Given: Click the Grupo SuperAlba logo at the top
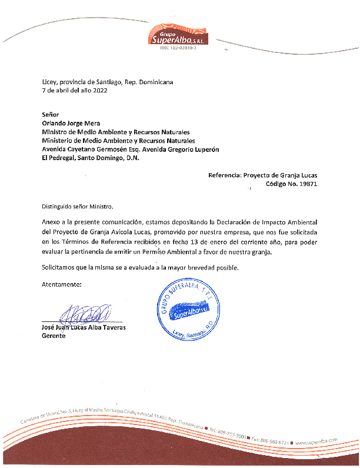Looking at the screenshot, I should click(180, 35).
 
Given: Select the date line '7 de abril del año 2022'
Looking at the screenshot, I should click(75, 91).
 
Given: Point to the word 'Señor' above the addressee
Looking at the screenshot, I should click(51, 115).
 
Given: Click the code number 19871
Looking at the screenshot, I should click(307, 184).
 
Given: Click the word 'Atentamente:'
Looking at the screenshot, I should click(62, 284).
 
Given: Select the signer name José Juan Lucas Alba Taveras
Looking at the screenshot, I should click(84, 327).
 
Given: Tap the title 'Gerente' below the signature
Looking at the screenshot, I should click(54, 336).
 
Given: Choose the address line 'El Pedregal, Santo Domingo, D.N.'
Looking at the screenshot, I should click(90, 159).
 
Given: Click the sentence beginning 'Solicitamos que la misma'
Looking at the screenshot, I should click(140, 268).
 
